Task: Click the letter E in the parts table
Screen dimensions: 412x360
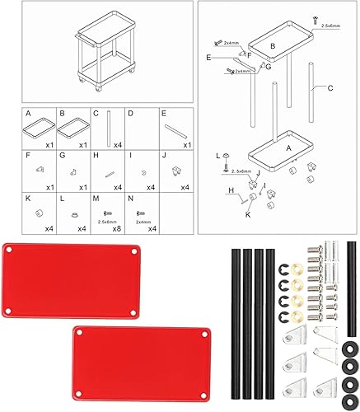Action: pos(165,113)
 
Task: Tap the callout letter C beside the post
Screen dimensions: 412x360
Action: pos(330,87)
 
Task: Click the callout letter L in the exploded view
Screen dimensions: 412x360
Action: pos(218,154)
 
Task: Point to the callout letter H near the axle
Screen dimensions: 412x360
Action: pos(233,190)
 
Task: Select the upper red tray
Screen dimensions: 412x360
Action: pos(72,280)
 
